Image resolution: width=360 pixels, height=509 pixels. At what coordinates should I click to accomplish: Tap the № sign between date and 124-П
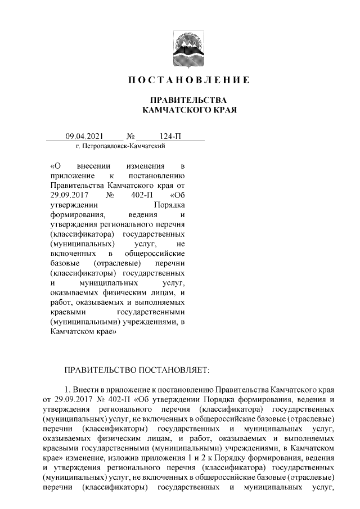[131, 136]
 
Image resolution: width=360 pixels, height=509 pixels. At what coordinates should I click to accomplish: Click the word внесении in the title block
[93, 166]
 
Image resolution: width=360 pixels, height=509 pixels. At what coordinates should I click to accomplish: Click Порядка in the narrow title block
[169, 204]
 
